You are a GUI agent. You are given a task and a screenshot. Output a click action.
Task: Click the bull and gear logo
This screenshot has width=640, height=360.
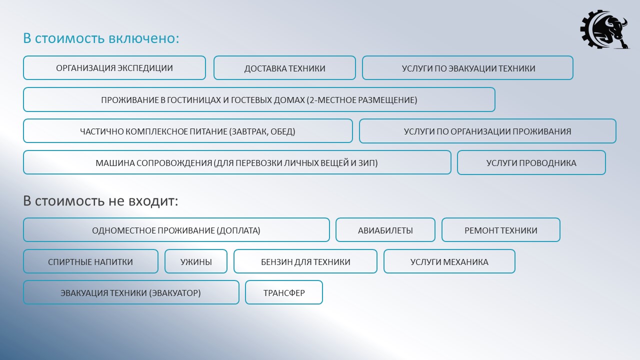tap(604, 29)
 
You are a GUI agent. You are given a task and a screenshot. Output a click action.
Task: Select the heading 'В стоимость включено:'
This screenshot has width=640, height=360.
tap(101, 38)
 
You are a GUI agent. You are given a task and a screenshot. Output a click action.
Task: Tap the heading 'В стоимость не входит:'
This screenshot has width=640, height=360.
tap(100, 201)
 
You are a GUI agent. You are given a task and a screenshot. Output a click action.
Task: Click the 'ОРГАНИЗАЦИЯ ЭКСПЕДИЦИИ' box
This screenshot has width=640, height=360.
tap(114, 68)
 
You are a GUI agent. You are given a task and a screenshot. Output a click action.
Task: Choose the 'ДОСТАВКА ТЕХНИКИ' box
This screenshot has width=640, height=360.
tap(284, 68)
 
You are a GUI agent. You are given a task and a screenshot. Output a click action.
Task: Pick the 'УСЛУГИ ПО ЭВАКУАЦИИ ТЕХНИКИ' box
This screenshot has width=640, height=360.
tap(467, 68)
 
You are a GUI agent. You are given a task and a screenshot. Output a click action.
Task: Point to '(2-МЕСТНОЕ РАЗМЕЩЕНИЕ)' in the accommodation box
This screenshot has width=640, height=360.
tap(362, 100)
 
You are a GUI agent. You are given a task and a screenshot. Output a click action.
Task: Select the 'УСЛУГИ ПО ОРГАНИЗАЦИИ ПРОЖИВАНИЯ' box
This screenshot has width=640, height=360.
tap(487, 131)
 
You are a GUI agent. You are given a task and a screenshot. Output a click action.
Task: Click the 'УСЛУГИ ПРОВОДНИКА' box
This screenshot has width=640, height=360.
tap(531, 162)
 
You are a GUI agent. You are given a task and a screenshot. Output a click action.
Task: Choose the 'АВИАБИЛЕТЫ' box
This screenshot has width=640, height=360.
tap(385, 230)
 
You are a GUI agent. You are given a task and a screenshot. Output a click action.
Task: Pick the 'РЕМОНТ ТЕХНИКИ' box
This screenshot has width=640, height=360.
tap(501, 230)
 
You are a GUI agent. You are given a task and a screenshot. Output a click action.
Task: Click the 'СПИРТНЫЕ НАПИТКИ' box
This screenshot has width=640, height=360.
tap(90, 261)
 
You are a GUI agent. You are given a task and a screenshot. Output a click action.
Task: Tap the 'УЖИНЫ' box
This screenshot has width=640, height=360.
tap(196, 261)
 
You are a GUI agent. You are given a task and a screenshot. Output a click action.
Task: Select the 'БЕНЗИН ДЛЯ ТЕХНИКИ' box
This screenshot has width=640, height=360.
tap(305, 261)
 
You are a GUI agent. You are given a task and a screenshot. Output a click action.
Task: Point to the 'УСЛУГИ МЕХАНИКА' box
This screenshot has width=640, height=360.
tap(449, 261)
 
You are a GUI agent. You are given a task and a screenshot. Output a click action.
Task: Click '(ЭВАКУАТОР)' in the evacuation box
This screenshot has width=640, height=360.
tap(175, 293)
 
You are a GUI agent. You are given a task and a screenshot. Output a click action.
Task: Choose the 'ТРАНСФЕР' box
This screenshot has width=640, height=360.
tap(284, 292)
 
